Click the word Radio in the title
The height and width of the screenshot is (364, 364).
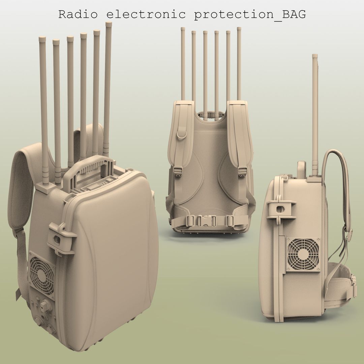point(78,14)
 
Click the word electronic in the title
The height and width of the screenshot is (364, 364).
point(146,14)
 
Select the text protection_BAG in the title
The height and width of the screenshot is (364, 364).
point(250,15)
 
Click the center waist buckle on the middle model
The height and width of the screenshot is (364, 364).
point(207,221)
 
